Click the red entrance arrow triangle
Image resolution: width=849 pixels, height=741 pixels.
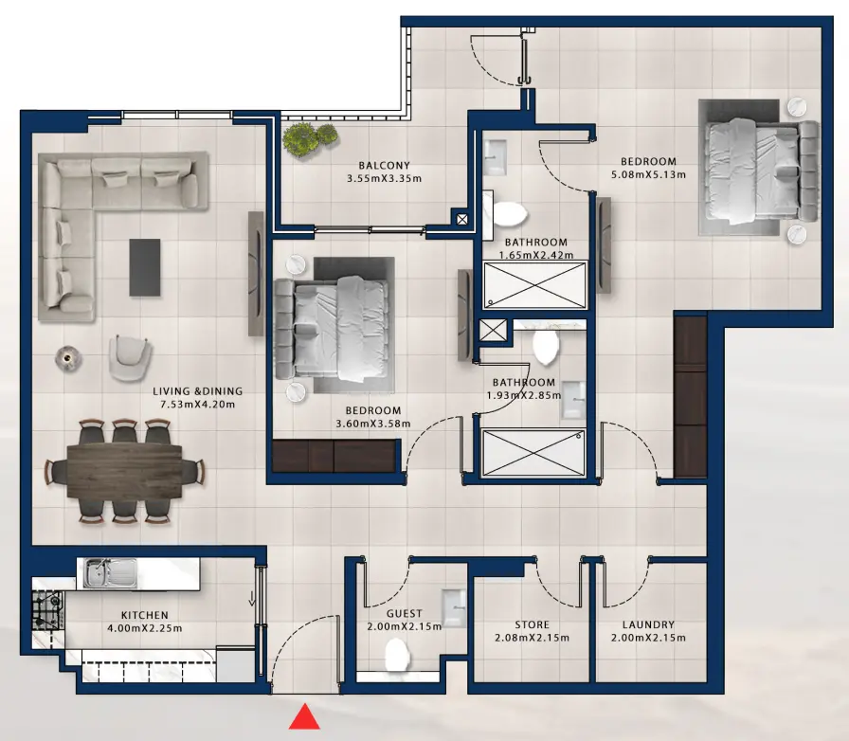[304, 717]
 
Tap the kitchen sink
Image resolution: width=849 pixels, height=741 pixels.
[111, 572]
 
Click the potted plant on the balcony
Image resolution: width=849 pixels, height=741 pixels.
[309, 138]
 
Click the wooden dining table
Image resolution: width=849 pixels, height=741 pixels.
[124, 471]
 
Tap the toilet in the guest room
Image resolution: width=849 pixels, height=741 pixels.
[395, 652]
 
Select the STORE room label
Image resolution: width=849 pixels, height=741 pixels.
[532, 625]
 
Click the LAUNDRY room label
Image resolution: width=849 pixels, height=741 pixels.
[648, 625]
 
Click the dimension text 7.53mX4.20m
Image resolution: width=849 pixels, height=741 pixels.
[197, 405]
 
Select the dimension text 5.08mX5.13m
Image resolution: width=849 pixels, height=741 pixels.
[648, 174]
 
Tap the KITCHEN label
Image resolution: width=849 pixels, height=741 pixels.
[144, 615]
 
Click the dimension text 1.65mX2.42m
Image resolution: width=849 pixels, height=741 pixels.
[535, 255]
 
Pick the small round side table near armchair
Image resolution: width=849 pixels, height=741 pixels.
[68, 356]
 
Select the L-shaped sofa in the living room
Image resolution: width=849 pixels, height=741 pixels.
[95, 208]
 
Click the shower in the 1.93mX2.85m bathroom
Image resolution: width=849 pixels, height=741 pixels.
[533, 453]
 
